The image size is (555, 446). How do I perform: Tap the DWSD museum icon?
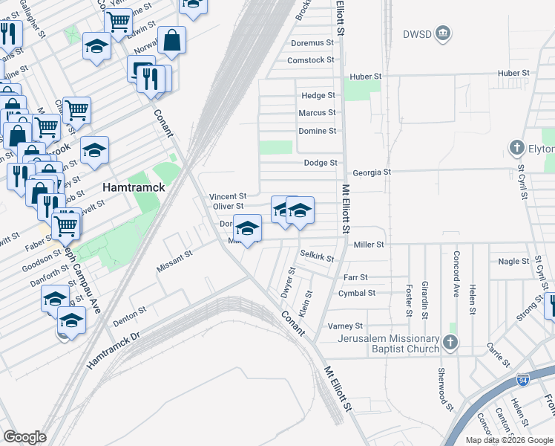pyautogui.click(x=443, y=33)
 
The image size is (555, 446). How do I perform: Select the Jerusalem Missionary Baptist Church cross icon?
pyautogui.click(x=450, y=342)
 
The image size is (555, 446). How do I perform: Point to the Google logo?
pyautogui.click(x=24, y=437)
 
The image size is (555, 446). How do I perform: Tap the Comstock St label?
pyautogui.click(x=311, y=60)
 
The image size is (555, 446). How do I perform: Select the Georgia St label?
pyautogui.click(x=371, y=172)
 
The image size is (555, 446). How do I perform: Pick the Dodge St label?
pyautogui.click(x=321, y=163)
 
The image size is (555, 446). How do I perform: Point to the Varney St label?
pyautogui.click(x=345, y=326)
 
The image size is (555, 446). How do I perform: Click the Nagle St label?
pyautogui.click(x=509, y=262)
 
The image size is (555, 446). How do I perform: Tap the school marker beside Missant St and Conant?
pyautogui.click(x=247, y=227)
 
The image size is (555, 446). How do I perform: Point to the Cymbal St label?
pyautogui.click(x=356, y=293)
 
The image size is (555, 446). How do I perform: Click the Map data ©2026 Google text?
pyautogui.click(x=508, y=440)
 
